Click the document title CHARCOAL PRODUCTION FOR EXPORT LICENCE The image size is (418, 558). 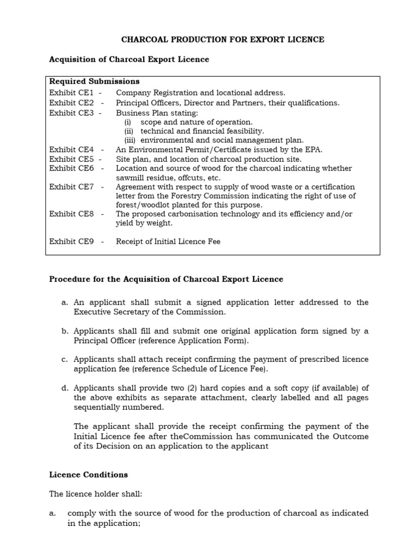[222, 40]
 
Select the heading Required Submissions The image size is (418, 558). [94, 82]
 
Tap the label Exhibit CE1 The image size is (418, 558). [71, 93]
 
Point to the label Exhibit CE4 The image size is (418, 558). [71, 149]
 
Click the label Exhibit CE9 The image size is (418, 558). [71, 241]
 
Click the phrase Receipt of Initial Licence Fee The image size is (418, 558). [168, 241]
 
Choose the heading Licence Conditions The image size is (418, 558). [89, 475]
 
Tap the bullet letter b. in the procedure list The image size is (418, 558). [65, 331]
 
